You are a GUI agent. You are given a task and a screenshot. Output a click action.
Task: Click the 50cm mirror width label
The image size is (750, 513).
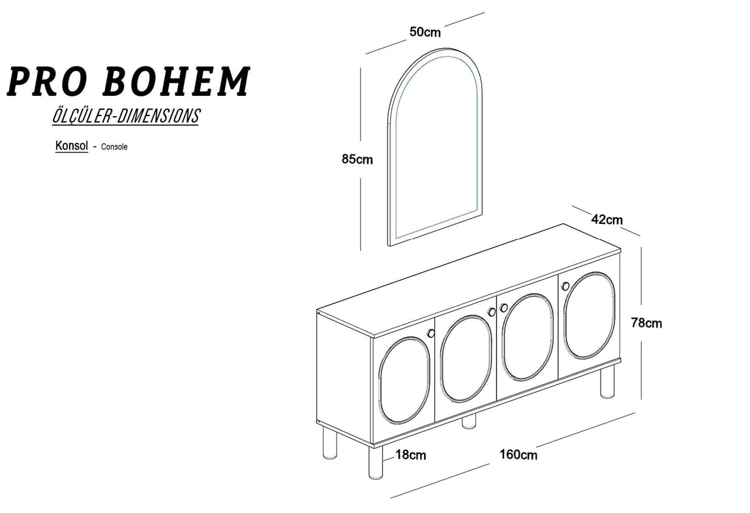pyautogui.click(x=425, y=32)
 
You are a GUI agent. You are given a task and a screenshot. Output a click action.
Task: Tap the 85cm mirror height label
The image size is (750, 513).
pyautogui.click(x=357, y=159)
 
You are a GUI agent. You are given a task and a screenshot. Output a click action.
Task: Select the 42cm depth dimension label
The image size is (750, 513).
pyautogui.click(x=607, y=219)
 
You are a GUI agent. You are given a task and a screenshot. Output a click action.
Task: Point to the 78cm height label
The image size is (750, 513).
pyautogui.click(x=646, y=323)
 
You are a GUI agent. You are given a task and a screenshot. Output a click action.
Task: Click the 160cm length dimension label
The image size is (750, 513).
pyautogui.click(x=518, y=454)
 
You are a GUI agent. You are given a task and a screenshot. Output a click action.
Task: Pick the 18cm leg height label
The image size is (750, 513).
pyautogui.click(x=411, y=454)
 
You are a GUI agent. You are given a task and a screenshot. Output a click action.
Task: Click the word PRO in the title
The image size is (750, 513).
pyautogui.click(x=46, y=82)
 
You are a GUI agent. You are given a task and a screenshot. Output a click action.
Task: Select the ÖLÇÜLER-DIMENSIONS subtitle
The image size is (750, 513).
pyautogui.click(x=125, y=116)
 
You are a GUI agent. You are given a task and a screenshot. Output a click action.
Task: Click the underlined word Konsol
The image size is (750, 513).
pyautogui.click(x=72, y=146)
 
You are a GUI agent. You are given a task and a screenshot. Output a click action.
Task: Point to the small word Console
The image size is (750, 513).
pyautogui.click(x=114, y=147)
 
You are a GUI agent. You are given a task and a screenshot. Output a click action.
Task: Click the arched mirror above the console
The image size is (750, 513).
pyautogui.click(x=388, y=144)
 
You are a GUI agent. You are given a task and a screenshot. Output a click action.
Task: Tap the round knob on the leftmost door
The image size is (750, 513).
pyautogui.click(x=430, y=333)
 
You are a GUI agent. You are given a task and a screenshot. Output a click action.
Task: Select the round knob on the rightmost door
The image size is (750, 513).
pyautogui.click(x=566, y=286)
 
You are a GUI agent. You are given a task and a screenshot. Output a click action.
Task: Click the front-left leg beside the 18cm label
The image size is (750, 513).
pyautogui.click(x=376, y=462)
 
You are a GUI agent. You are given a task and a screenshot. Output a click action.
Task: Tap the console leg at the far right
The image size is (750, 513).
pyautogui.click(x=607, y=382)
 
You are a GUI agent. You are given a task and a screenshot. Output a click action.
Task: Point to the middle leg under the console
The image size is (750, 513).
pyautogui.click(x=469, y=421)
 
